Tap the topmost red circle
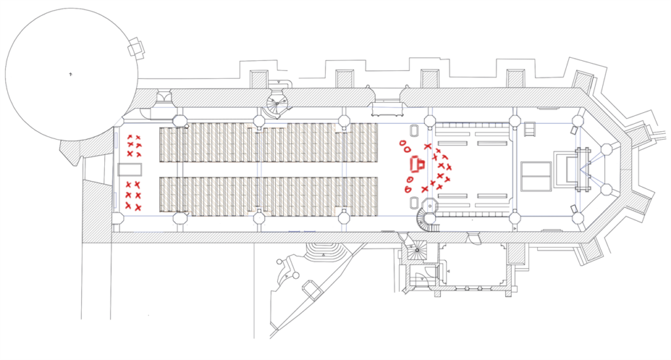[401, 142]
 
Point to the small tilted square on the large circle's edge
[136, 48]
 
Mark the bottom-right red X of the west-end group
[138, 208]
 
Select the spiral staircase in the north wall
[278, 102]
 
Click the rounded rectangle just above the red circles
[415, 131]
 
